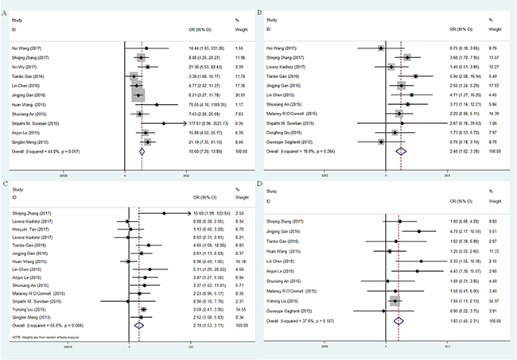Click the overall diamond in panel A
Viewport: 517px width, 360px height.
[142, 149]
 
